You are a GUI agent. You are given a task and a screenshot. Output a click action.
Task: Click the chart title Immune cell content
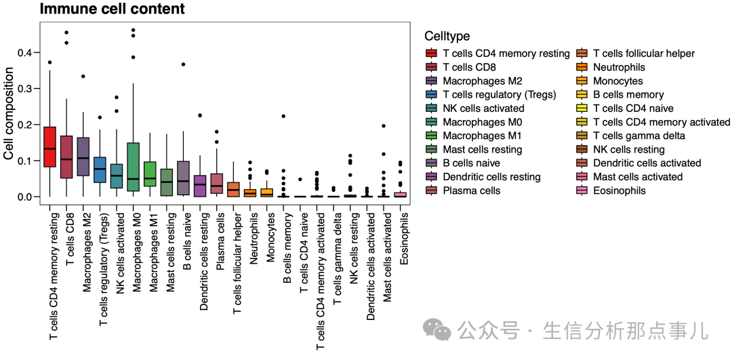(112, 9)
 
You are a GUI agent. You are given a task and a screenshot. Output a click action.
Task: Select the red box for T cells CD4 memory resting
(49, 146)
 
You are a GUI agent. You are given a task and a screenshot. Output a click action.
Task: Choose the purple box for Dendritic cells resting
(199, 186)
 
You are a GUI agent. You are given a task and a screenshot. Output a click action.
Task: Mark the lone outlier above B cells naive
(183, 64)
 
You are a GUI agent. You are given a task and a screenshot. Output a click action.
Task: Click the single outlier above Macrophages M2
(83, 76)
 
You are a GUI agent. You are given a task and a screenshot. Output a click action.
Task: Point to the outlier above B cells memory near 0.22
(283, 117)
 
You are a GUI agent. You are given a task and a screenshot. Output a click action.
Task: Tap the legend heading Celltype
(447, 36)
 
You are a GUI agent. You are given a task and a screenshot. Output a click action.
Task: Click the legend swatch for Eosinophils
(582, 191)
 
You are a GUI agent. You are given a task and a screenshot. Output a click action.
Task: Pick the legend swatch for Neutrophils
(582, 67)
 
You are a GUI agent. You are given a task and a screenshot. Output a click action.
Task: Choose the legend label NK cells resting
(628, 149)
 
